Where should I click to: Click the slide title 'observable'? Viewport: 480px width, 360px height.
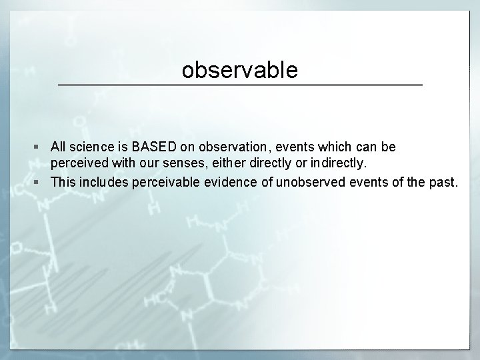[240, 70]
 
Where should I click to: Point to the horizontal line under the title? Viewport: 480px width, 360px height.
[240, 85]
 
